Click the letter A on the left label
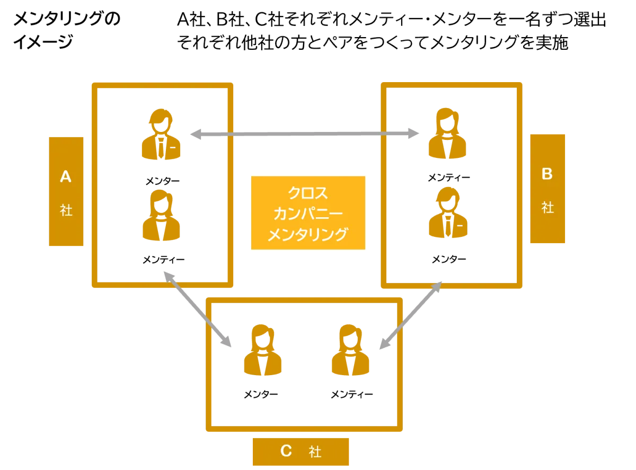[x=66, y=176]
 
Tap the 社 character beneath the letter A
[x=66, y=210]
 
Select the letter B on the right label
[x=547, y=174]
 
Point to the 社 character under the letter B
[x=547, y=207]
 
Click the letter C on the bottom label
[x=286, y=451]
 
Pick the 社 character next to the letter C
[x=315, y=452]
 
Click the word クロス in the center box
[x=308, y=192]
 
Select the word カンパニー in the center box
[x=308, y=214]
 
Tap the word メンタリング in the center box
[x=308, y=234]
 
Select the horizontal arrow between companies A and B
[x=302, y=134]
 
